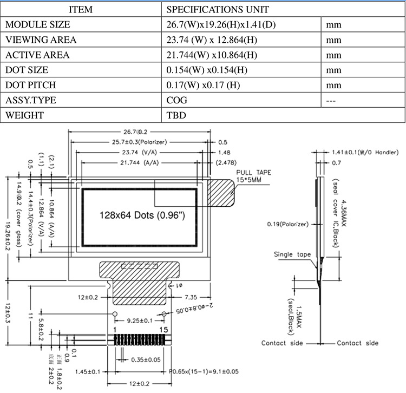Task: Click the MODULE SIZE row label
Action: point(38,25)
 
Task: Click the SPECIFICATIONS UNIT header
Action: point(218,10)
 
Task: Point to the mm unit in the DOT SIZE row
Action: point(334,70)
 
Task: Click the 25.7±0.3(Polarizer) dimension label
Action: point(139,142)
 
